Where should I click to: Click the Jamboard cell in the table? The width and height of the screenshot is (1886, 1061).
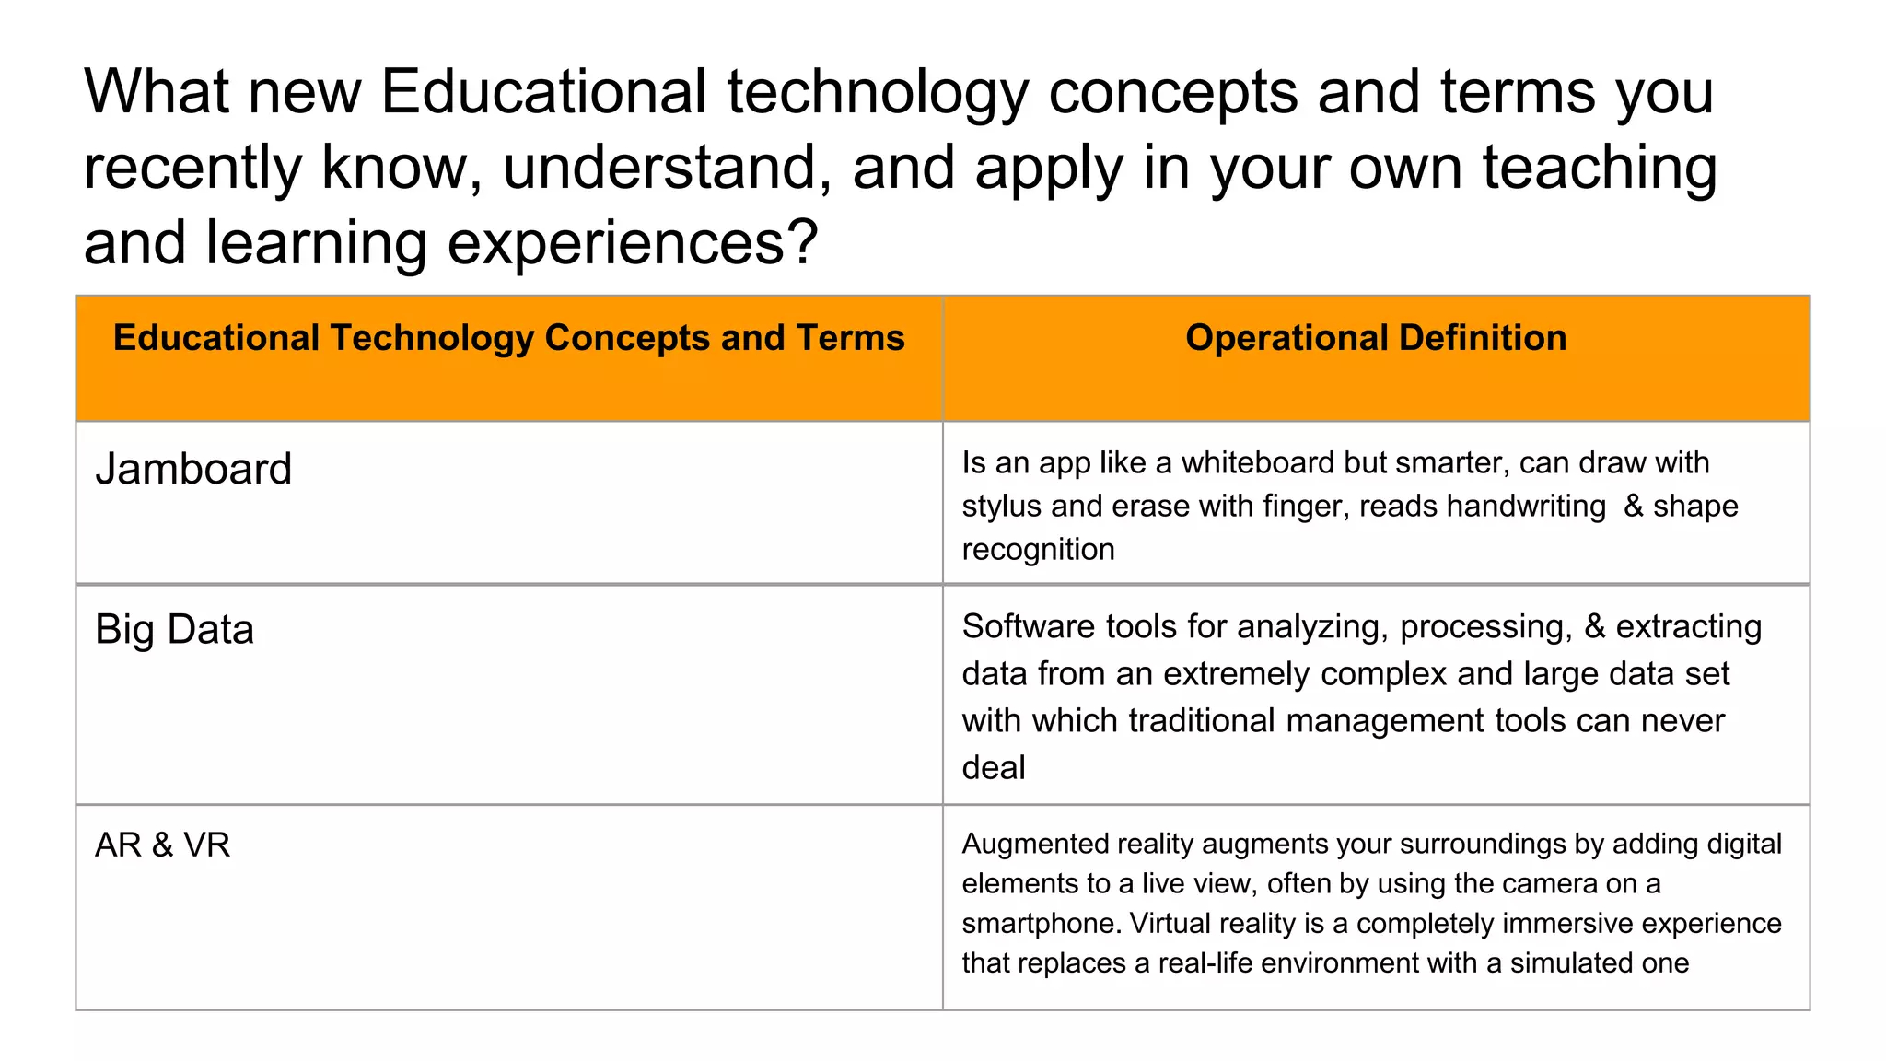click(x=193, y=469)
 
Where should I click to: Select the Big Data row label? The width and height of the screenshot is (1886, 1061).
click(x=174, y=630)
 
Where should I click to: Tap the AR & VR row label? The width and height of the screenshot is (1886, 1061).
click(x=162, y=845)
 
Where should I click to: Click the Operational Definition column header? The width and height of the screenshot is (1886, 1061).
click(x=1376, y=338)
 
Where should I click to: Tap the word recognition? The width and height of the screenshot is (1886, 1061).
click(x=1038, y=550)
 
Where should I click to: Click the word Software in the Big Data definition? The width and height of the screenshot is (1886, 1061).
click(x=1029, y=627)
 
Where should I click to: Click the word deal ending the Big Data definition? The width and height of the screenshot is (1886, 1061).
click(x=993, y=768)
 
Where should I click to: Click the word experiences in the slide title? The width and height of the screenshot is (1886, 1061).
click(x=633, y=242)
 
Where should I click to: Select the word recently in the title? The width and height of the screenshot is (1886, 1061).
click(x=192, y=168)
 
